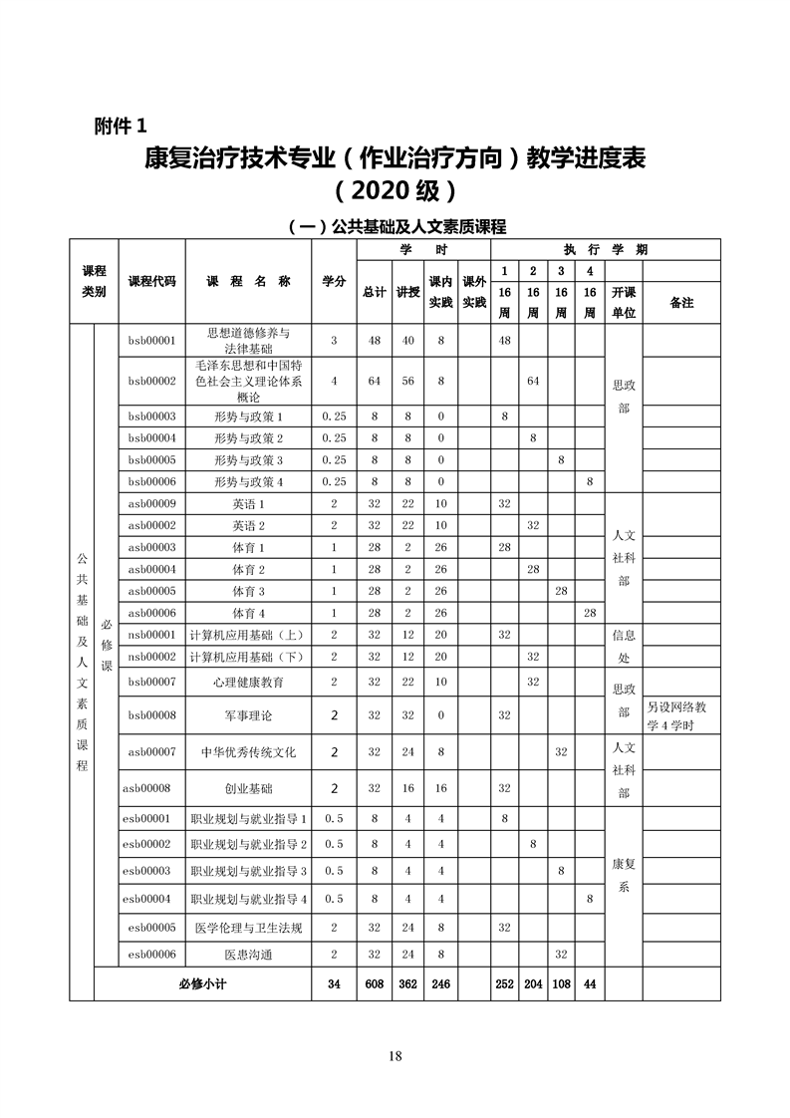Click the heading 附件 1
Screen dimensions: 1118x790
tap(119, 126)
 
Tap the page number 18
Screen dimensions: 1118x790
tap(395, 1056)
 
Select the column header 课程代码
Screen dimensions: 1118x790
tap(151, 282)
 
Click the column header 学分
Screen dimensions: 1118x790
tap(333, 282)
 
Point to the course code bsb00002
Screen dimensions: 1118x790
tap(151, 381)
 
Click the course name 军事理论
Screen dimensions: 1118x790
tap(248, 715)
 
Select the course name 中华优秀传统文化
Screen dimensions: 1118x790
tap(248, 751)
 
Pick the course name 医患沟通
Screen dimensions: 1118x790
tap(248, 955)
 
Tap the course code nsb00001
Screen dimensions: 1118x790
tap(151, 635)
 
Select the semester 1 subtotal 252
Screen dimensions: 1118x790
tap(505, 984)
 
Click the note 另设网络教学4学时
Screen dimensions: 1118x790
tap(681, 715)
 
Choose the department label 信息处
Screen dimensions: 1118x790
tap(623, 646)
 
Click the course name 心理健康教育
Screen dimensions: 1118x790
tap(248, 682)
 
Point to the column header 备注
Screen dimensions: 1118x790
tap(681, 303)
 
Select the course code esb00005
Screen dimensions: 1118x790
tap(151, 928)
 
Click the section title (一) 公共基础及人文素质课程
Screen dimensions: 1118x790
tap(395, 227)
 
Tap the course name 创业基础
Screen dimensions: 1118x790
tap(248, 788)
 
